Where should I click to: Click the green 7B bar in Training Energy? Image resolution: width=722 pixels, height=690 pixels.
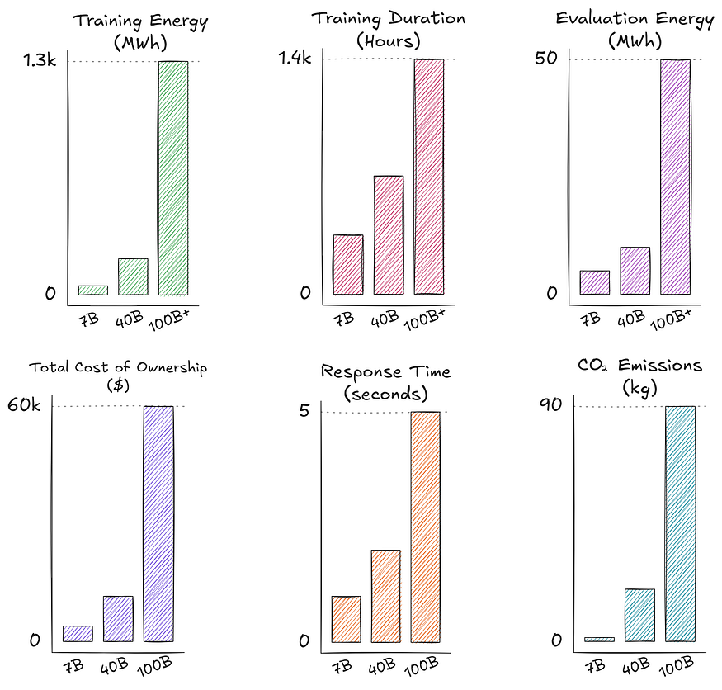click(x=93, y=291)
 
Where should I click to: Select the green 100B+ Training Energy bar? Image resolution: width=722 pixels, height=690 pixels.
click(x=173, y=177)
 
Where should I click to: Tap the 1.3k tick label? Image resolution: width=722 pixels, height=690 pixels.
click(x=40, y=60)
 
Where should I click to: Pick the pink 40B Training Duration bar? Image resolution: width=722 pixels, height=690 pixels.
click(x=389, y=235)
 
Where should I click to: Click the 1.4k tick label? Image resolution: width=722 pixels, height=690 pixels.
click(x=295, y=58)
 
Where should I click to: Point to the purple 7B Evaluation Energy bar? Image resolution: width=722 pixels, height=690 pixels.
click(x=594, y=282)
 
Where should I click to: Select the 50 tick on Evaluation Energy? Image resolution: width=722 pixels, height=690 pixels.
click(x=546, y=58)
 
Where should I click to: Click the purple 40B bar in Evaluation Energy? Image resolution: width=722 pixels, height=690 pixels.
click(x=635, y=271)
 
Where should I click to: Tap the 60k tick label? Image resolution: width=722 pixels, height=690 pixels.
click(x=24, y=405)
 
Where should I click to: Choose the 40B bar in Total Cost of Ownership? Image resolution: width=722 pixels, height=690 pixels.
click(x=118, y=618)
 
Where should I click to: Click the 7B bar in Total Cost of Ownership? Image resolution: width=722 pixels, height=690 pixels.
click(x=78, y=633)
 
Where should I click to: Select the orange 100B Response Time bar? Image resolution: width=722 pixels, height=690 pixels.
click(x=426, y=527)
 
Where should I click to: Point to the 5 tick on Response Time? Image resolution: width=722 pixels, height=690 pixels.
click(x=304, y=409)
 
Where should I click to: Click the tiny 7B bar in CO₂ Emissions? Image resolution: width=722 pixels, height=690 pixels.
click(x=600, y=639)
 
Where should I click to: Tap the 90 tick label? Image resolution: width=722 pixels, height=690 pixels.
click(x=550, y=405)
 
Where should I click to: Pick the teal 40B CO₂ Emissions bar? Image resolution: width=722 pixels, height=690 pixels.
click(x=640, y=615)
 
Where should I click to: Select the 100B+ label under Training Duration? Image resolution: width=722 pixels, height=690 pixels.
click(x=425, y=319)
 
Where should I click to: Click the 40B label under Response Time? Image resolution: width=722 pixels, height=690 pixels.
click(x=382, y=666)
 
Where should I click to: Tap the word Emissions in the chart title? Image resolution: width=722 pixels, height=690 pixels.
click(x=660, y=366)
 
